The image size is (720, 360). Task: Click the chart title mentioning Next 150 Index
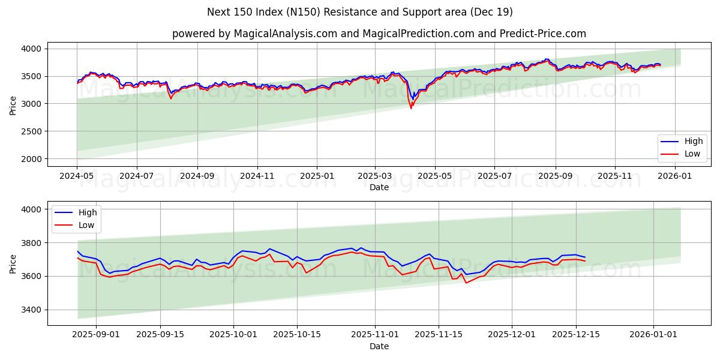point(360,12)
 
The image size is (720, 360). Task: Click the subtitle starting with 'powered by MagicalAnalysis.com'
point(379,34)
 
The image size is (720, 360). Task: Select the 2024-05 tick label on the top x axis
point(77,176)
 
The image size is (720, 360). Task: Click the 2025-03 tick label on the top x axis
point(375,176)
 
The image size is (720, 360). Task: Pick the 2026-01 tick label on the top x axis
point(674,176)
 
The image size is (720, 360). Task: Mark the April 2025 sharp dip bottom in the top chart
point(411,108)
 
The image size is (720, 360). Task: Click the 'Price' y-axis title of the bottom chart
point(13,263)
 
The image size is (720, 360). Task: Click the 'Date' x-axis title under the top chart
point(379,187)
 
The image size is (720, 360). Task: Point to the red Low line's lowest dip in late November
point(466,283)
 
